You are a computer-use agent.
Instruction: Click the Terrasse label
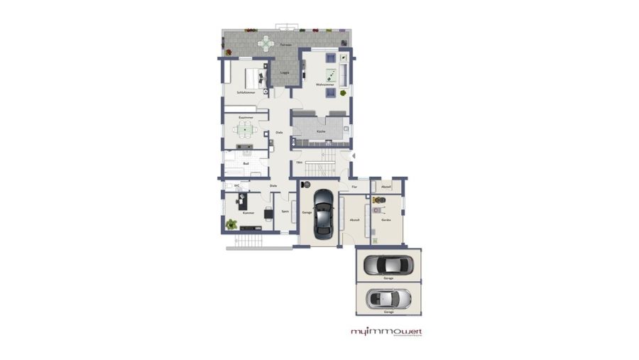coord(285,45)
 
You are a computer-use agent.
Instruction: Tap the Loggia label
coord(283,72)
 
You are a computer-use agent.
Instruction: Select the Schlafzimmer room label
coord(246,93)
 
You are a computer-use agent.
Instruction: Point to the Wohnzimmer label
coord(325,85)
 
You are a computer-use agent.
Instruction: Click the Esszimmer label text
coord(246,117)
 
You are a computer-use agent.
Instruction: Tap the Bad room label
coord(246,164)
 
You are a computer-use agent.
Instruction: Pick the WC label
coord(236,186)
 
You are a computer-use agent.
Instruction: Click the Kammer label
coord(248,213)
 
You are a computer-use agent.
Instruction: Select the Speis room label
coord(285,211)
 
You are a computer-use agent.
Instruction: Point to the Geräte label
coord(386,220)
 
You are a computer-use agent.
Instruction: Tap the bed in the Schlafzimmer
coord(253,77)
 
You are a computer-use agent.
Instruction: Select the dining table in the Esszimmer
coord(245,129)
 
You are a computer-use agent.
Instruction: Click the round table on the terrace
coord(265,45)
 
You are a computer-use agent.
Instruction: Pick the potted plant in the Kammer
coord(231,224)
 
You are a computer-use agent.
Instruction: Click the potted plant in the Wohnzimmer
coord(344,92)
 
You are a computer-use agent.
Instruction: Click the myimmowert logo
coord(386,332)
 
